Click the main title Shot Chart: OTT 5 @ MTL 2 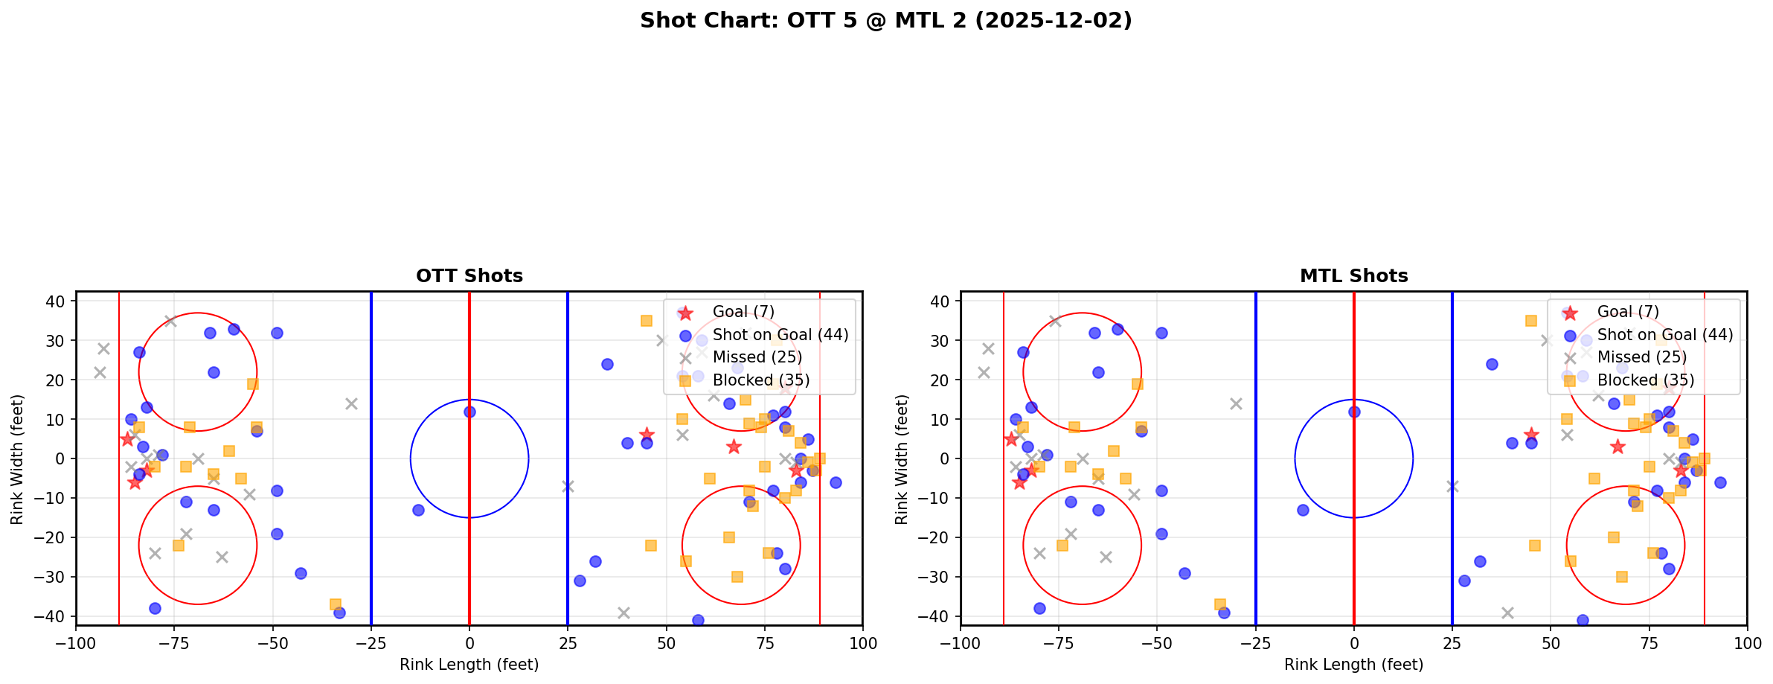pos(885,20)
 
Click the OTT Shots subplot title pos(469,276)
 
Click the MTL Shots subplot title pos(1353,276)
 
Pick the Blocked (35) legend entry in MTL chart pos(1646,380)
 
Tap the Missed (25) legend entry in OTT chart pos(757,357)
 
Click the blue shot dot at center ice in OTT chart pos(469,412)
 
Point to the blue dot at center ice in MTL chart pos(1354,412)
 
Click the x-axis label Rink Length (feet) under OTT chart pos(469,665)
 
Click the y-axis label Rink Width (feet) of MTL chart pos(902,459)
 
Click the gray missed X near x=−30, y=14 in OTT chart pos(351,403)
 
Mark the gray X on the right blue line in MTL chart pos(1452,486)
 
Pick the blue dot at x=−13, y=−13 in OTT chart pos(418,510)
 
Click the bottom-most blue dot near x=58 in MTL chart pos(1583,620)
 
